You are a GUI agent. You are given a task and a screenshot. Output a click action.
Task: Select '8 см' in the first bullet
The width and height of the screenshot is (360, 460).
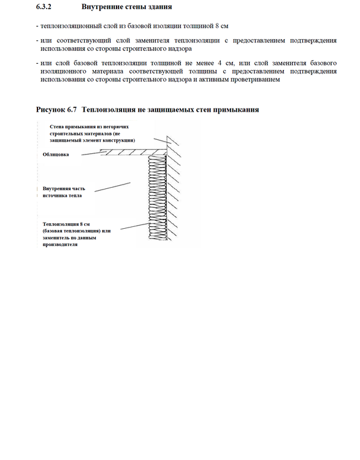(x=220, y=28)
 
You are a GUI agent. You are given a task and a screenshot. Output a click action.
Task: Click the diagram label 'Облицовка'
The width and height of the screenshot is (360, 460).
(x=56, y=155)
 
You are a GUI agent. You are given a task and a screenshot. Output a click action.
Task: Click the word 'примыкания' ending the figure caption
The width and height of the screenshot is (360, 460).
(x=237, y=110)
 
